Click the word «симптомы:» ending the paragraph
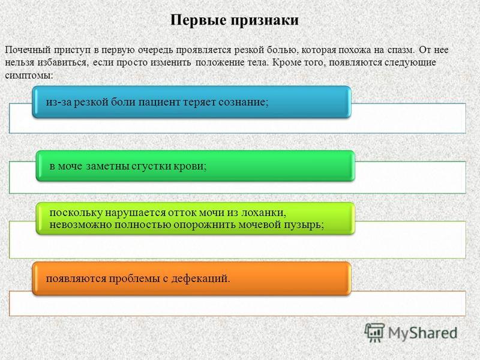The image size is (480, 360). point(29,76)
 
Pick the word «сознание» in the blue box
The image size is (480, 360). point(244,102)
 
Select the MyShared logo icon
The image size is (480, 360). point(374,332)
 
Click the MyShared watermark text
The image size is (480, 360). point(423,333)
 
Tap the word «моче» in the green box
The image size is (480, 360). point(70,166)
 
